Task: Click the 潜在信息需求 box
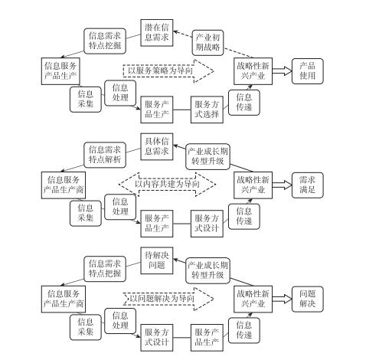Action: pyautogui.click(x=157, y=33)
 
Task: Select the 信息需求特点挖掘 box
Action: pyautogui.click(x=105, y=41)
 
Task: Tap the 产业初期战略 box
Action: pyautogui.click(x=207, y=43)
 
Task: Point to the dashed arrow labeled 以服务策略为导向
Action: pyautogui.click(x=168, y=71)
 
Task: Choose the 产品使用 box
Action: pyautogui.click(x=307, y=71)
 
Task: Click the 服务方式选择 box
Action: pyautogui.click(x=207, y=110)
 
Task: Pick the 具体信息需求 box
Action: pyautogui.click(x=157, y=146)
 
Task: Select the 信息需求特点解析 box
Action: pyautogui.click(x=105, y=155)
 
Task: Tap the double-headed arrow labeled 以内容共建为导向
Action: pyautogui.click(x=167, y=185)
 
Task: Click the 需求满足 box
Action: pyautogui.click(x=307, y=185)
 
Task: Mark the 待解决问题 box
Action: pyautogui.click(x=157, y=260)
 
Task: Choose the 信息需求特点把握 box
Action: pyautogui.click(x=105, y=269)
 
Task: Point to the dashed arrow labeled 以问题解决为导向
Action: pyautogui.click(x=168, y=299)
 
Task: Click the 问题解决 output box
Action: pyautogui.click(x=307, y=299)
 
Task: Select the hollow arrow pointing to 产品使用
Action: pyautogui.click(x=282, y=71)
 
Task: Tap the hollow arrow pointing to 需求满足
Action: pyautogui.click(x=282, y=185)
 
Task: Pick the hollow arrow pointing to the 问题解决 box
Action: pyautogui.click(x=282, y=299)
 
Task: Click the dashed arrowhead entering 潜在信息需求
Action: pyautogui.click(x=176, y=32)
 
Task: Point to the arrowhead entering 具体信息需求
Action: pyautogui.click(x=176, y=146)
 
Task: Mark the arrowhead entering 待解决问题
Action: pyautogui.click(x=176, y=260)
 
